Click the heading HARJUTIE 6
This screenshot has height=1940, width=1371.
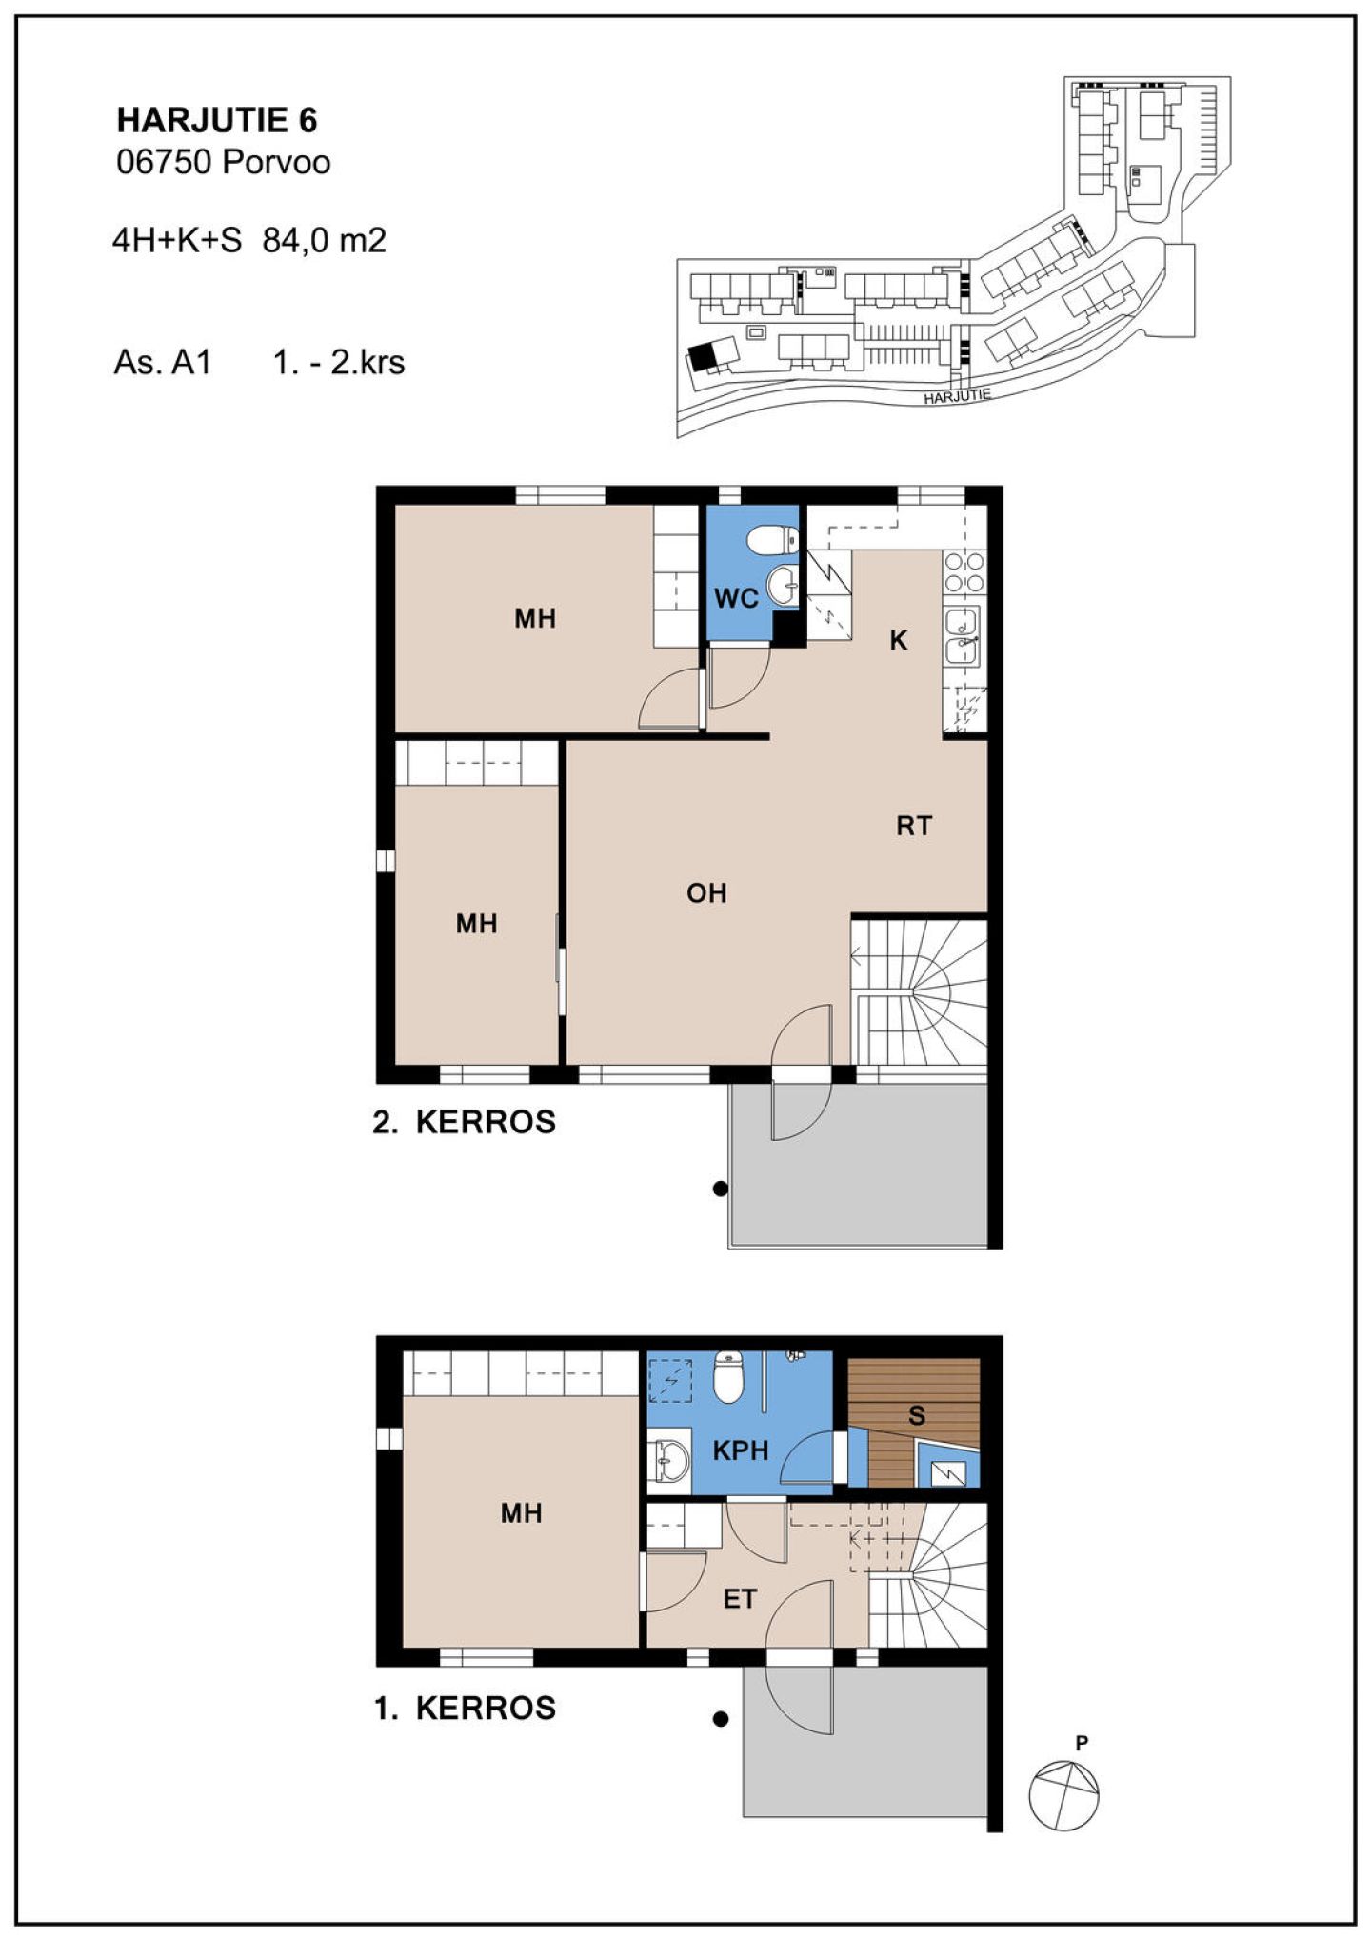click(x=217, y=120)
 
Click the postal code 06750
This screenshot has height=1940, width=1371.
click(x=163, y=162)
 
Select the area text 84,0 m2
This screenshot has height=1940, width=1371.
click(x=325, y=240)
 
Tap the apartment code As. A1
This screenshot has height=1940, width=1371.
click(x=162, y=363)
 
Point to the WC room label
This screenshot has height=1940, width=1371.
click(x=736, y=598)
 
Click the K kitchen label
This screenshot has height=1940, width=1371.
click(x=898, y=641)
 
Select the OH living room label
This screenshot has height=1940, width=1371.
click(x=706, y=893)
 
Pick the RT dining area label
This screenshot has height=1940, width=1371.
click(x=914, y=826)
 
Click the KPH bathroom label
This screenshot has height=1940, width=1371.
click(x=741, y=1450)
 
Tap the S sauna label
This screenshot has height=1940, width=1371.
click(x=917, y=1415)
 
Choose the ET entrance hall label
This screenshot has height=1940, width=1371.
click(x=740, y=1599)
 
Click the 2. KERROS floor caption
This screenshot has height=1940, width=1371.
click(x=464, y=1122)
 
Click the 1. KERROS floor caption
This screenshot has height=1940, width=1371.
click(x=465, y=1708)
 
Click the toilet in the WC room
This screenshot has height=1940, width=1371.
click(x=772, y=540)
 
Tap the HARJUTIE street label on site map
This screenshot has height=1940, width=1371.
click(x=957, y=396)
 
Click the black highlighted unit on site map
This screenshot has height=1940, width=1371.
click(x=703, y=356)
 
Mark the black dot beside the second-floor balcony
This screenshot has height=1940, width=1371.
click(x=721, y=1189)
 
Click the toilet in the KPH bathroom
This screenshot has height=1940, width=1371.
click(x=728, y=1377)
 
